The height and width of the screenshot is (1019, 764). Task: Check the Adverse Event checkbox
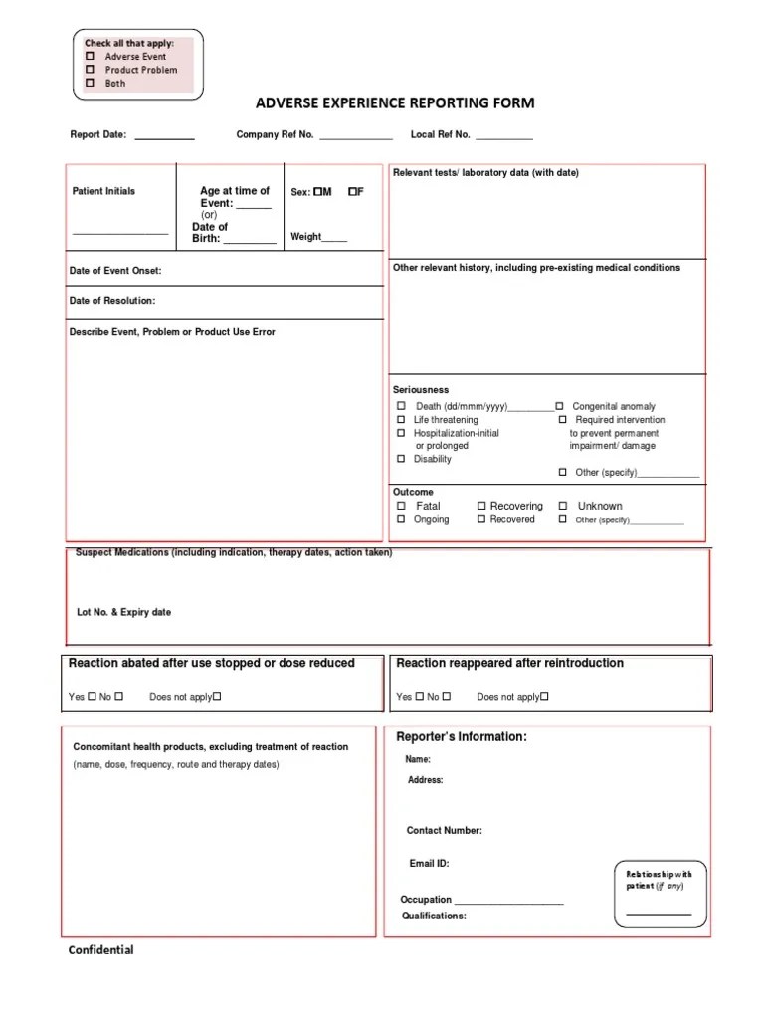coord(90,57)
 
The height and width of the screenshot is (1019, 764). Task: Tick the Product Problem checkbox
coord(90,70)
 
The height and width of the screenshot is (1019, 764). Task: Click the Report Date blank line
coord(164,137)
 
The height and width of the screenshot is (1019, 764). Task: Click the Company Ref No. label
coord(275,134)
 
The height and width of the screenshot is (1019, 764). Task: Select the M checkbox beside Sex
coord(317,191)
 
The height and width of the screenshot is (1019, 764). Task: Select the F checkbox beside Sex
coord(352,191)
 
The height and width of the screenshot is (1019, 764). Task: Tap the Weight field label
coord(305,237)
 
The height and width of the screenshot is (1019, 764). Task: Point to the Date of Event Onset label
coord(115,271)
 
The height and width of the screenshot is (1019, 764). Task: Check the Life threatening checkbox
coord(402,420)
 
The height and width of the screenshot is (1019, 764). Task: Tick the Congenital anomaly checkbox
coord(560,406)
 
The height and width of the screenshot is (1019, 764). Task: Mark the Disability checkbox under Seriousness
coord(402,459)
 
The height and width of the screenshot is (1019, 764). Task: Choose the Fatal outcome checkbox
coord(402,506)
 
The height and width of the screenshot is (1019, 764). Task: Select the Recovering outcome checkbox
coord(481,506)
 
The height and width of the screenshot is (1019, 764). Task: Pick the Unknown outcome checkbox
coord(563,506)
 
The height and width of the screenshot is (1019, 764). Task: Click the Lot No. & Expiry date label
coord(123,612)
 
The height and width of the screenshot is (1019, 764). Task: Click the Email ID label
coord(429,864)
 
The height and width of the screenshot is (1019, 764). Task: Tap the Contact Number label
coord(444,830)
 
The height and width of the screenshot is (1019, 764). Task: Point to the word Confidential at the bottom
coord(100,950)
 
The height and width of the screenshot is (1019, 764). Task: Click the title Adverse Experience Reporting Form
coord(395,102)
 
